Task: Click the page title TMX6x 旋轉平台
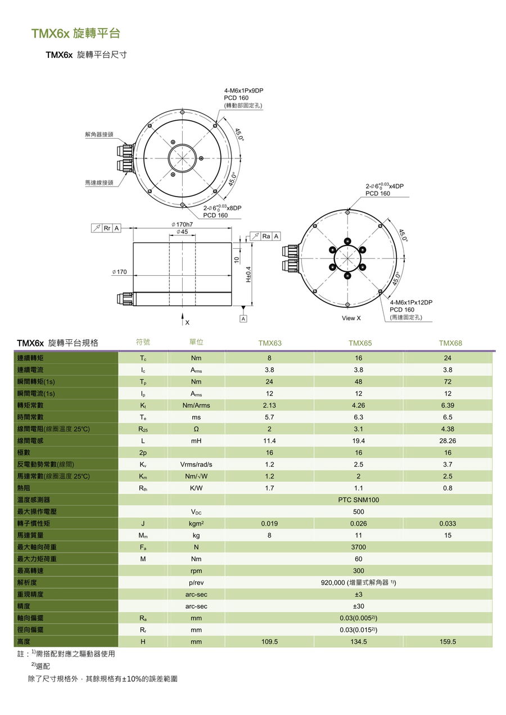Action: [x=75, y=34]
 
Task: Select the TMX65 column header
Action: [x=360, y=343]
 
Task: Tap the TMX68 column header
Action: [x=450, y=343]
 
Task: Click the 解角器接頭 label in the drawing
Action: [x=99, y=135]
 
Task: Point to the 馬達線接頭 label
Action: [x=99, y=183]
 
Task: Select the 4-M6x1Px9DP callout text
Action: [x=243, y=90]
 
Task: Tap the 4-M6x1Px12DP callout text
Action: [x=411, y=302]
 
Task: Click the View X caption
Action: [x=351, y=318]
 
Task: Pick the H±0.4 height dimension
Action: [x=248, y=274]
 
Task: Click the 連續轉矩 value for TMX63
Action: [x=269, y=358]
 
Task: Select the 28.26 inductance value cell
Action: [x=448, y=441]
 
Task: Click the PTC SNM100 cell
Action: [x=358, y=500]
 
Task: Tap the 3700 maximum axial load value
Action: [x=358, y=547]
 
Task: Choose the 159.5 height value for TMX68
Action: [x=448, y=641]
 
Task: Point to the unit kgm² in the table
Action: [x=196, y=523]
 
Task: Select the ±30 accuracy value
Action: [x=358, y=606]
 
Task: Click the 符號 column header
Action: [x=143, y=342]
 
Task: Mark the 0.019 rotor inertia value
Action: [x=269, y=523]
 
